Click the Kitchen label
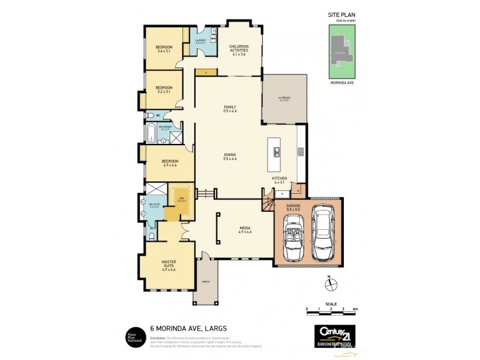tap(280, 181)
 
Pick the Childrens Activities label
tap(238, 49)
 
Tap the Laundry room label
tap(200, 41)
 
